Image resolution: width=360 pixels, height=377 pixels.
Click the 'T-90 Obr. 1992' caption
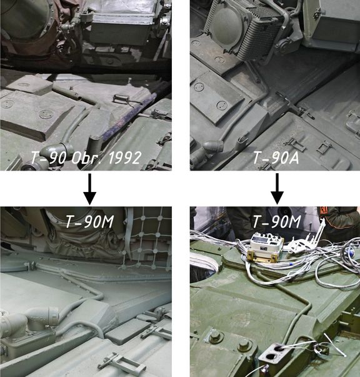[x=86, y=158]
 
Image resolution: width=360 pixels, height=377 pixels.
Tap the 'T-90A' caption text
[x=276, y=158]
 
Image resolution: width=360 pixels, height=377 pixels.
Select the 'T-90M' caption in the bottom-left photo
[x=89, y=221]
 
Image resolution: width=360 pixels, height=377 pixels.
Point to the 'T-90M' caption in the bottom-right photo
[x=277, y=221]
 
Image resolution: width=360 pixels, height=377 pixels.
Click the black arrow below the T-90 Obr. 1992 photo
[x=89, y=189]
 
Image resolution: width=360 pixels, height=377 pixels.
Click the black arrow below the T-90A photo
[x=277, y=189]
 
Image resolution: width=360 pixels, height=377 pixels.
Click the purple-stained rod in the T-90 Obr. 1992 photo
[x=131, y=113]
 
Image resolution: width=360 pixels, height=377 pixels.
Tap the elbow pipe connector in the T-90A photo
[x=212, y=145]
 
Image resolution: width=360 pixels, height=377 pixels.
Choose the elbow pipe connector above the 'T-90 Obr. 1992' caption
[x=57, y=149]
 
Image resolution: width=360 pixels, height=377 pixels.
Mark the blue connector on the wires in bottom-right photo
[x=350, y=253]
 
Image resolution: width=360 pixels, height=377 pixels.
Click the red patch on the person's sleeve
[x=324, y=210]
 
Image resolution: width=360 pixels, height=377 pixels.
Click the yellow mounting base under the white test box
[x=262, y=257]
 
